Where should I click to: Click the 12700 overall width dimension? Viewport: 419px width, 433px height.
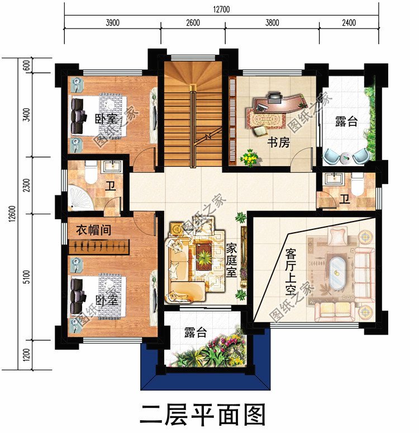(221, 9)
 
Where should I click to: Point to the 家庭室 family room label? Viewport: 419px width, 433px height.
(232, 260)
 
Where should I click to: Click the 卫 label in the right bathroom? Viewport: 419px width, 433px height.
(345, 199)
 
